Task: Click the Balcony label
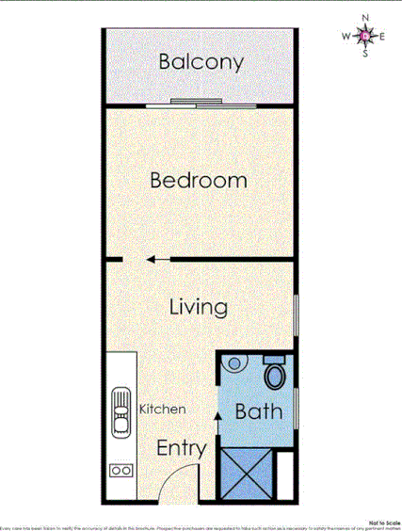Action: click(x=201, y=62)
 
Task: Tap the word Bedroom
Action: click(x=199, y=180)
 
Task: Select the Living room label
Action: click(x=199, y=307)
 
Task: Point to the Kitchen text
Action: click(x=162, y=410)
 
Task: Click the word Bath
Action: click(x=258, y=411)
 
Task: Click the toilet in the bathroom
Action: click(x=275, y=376)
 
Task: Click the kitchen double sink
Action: click(x=121, y=412)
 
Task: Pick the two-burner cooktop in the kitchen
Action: click(x=121, y=469)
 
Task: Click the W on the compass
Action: click(x=346, y=38)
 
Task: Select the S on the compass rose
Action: click(x=366, y=55)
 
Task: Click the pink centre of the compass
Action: click(x=366, y=38)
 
